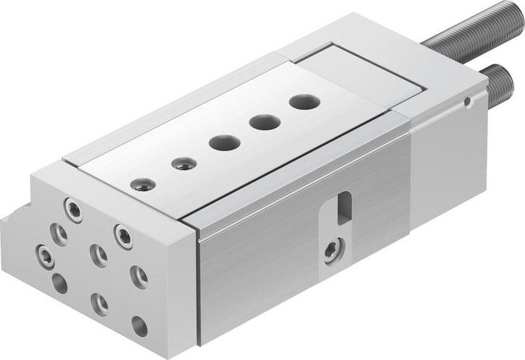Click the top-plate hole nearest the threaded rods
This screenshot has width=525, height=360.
[304, 102]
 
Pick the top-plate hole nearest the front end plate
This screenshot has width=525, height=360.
[142, 185]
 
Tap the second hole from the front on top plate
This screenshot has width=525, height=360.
[184, 163]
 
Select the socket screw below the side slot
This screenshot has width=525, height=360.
[331, 251]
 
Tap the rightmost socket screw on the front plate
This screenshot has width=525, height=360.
[124, 236]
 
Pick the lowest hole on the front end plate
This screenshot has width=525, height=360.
[139, 327]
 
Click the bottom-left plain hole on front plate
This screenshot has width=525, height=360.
[59, 283]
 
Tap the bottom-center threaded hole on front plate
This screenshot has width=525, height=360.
[99, 304]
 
